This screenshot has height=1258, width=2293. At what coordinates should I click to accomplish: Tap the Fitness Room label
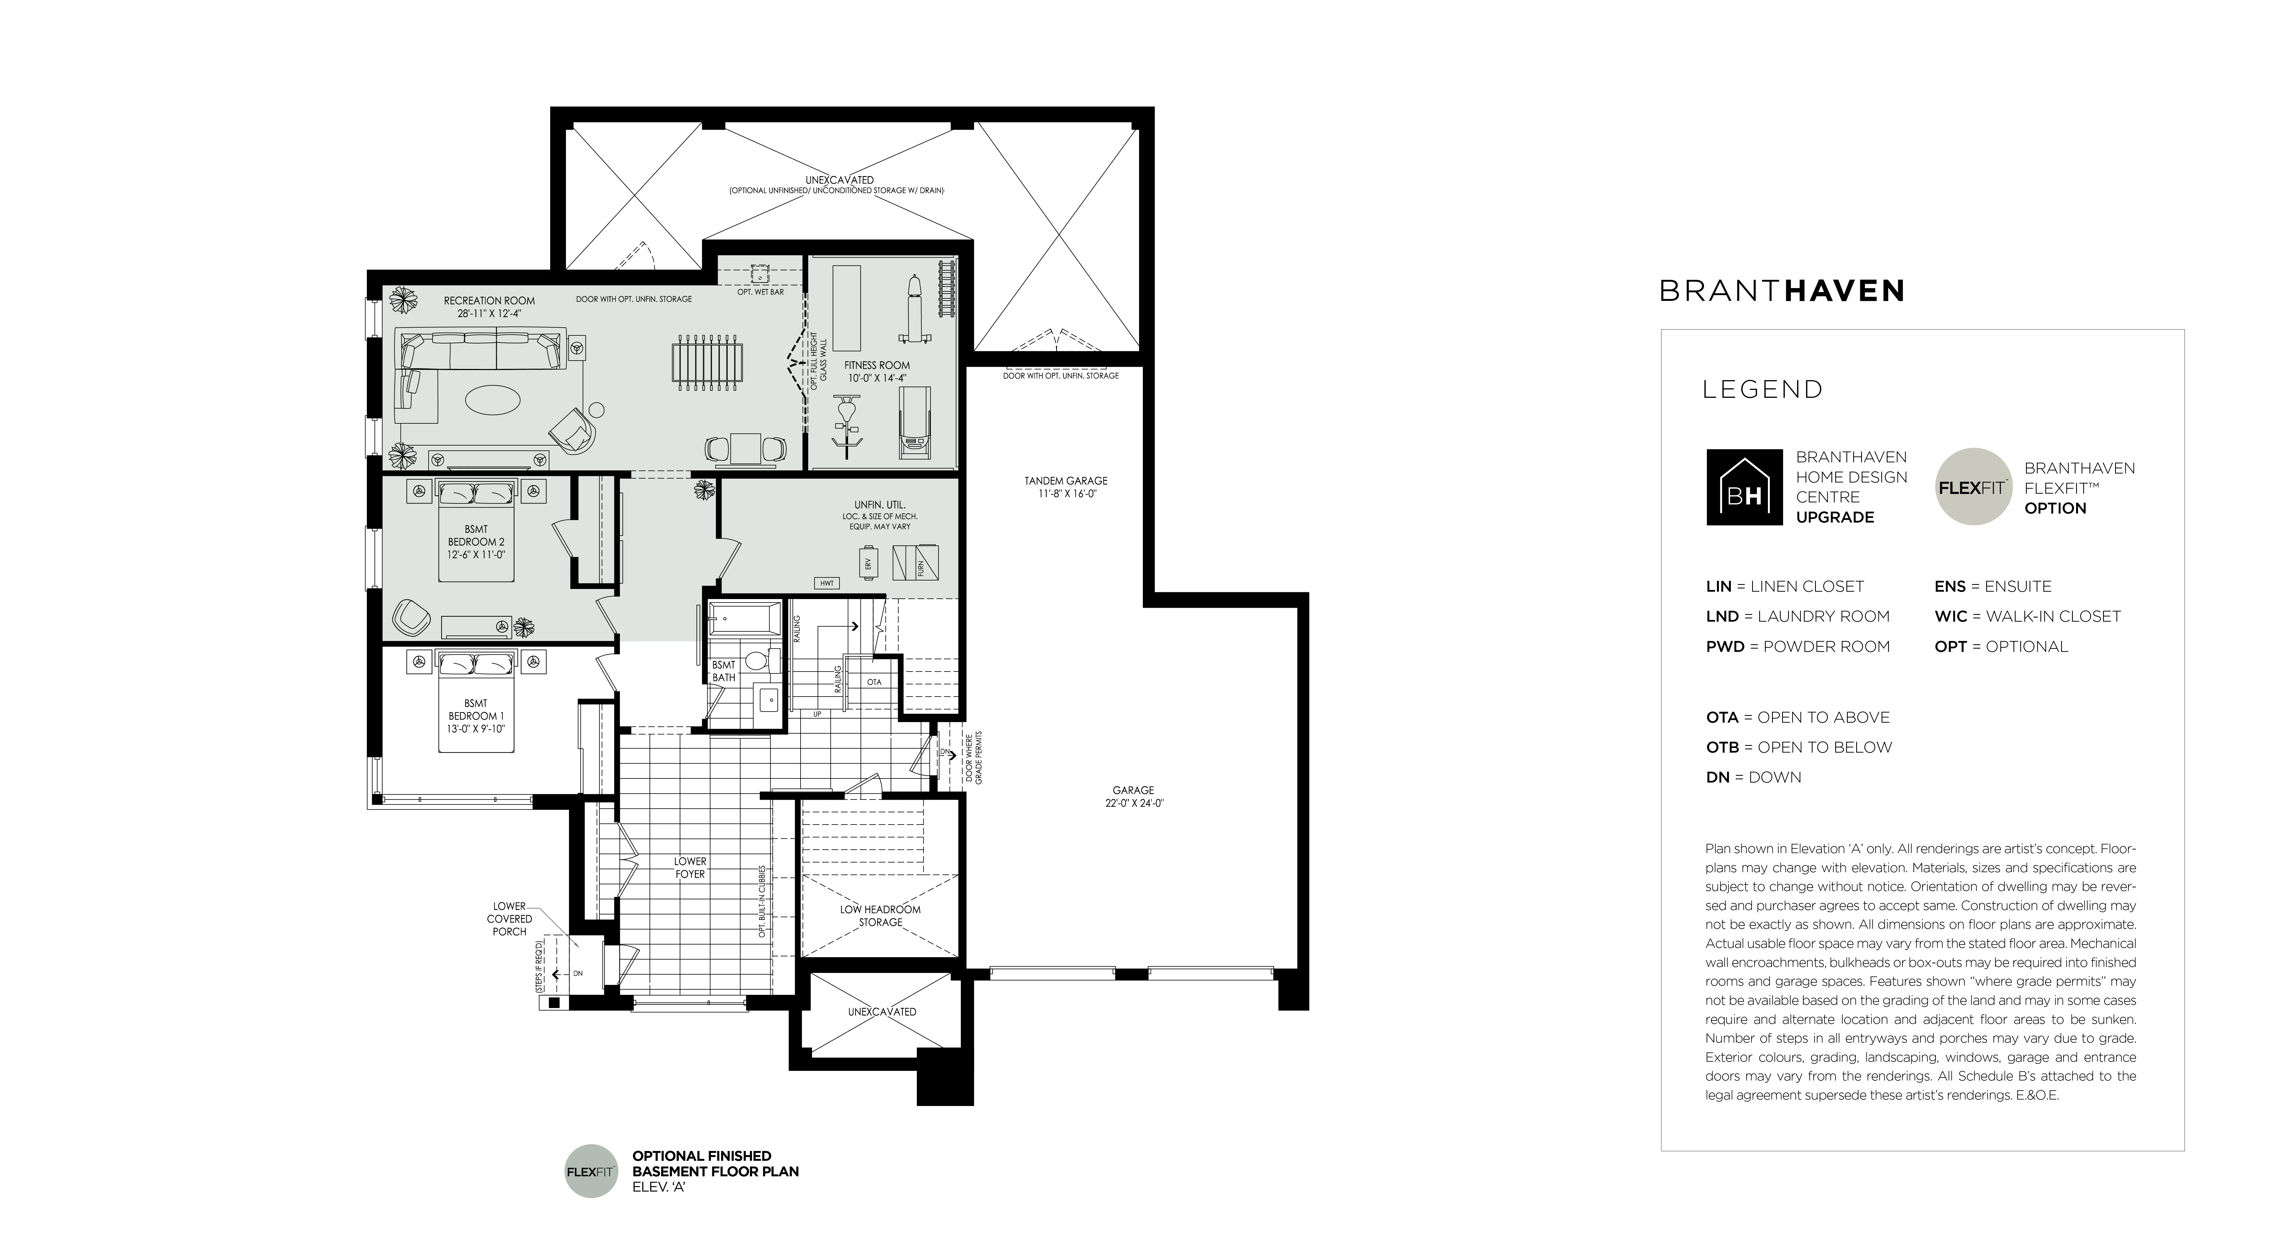[x=877, y=371]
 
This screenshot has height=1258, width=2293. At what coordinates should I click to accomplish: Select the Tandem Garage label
[x=1065, y=487]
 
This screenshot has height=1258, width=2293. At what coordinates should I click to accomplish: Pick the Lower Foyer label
[x=690, y=868]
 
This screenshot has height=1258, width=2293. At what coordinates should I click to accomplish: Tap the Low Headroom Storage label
[x=880, y=915]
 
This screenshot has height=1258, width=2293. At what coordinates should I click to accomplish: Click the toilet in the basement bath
[x=757, y=660]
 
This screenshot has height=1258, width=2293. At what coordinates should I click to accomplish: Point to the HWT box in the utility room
[x=827, y=583]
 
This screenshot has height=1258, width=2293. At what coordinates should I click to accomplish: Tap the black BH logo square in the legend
[x=1744, y=487]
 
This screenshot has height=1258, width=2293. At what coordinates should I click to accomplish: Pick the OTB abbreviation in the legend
[x=1722, y=747]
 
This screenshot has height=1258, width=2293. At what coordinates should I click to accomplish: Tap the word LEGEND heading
[x=1762, y=390]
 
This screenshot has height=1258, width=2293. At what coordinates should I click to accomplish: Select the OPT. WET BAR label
[x=760, y=292]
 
